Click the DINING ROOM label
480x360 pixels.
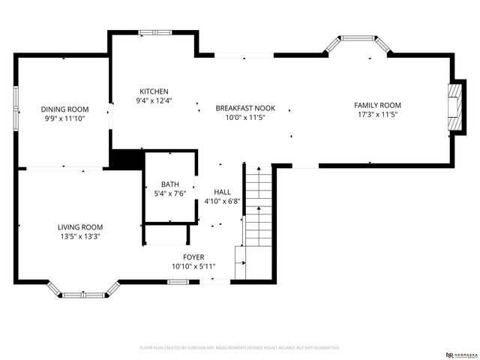pos(64,109)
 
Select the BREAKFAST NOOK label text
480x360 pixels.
pos(241,108)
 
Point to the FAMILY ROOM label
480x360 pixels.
pos(377,105)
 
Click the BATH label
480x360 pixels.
pos(170,184)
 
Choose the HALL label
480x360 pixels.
pos(222,192)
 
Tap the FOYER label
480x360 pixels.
pos(188,257)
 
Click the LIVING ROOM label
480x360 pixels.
pos(80,226)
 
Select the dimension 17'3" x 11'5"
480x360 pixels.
pos(377,115)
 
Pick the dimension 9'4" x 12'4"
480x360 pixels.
pos(154,100)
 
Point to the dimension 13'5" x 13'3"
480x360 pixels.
pos(80,236)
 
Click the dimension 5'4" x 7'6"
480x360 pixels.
pos(170,194)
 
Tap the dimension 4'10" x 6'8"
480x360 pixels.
pos(222,202)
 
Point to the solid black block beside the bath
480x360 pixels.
pos(126,159)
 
